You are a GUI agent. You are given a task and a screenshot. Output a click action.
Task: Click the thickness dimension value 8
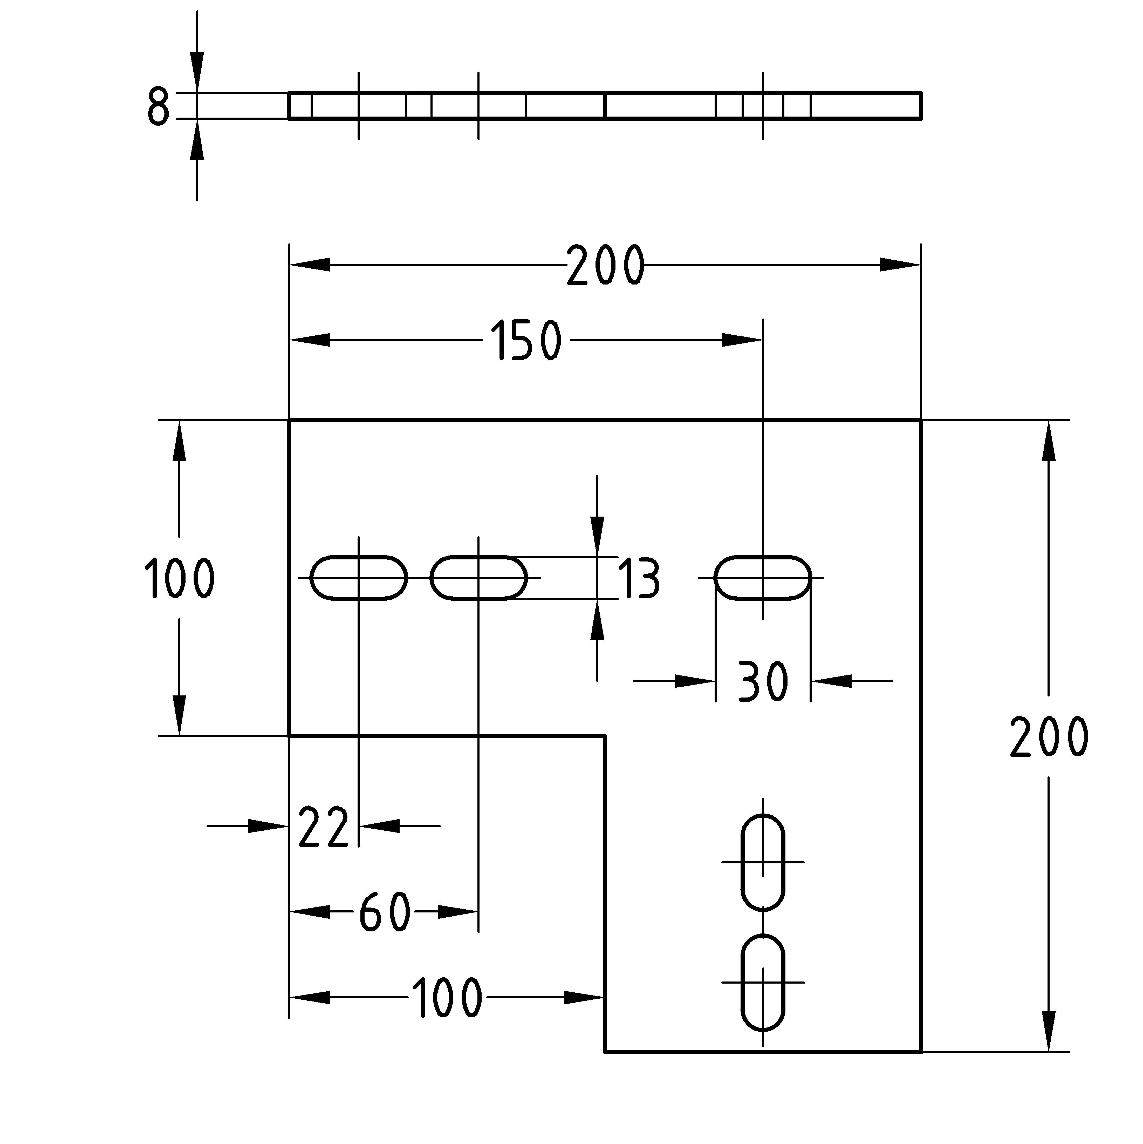(x=158, y=107)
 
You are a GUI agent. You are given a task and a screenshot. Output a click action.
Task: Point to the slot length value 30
(x=763, y=681)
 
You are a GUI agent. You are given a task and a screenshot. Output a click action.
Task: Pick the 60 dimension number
(x=385, y=912)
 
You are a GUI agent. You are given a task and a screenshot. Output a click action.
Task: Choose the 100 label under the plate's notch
(x=447, y=998)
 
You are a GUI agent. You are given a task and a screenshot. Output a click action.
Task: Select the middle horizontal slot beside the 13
(x=478, y=578)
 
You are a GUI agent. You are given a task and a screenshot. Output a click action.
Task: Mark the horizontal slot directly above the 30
(x=763, y=578)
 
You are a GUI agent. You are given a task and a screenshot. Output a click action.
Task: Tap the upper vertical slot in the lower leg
(x=763, y=862)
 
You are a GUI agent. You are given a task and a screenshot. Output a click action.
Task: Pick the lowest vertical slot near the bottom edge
(x=763, y=982)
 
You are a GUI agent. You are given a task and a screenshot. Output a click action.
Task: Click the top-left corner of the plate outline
(x=289, y=421)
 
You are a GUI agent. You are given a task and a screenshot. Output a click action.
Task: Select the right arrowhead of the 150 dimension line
(x=743, y=340)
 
